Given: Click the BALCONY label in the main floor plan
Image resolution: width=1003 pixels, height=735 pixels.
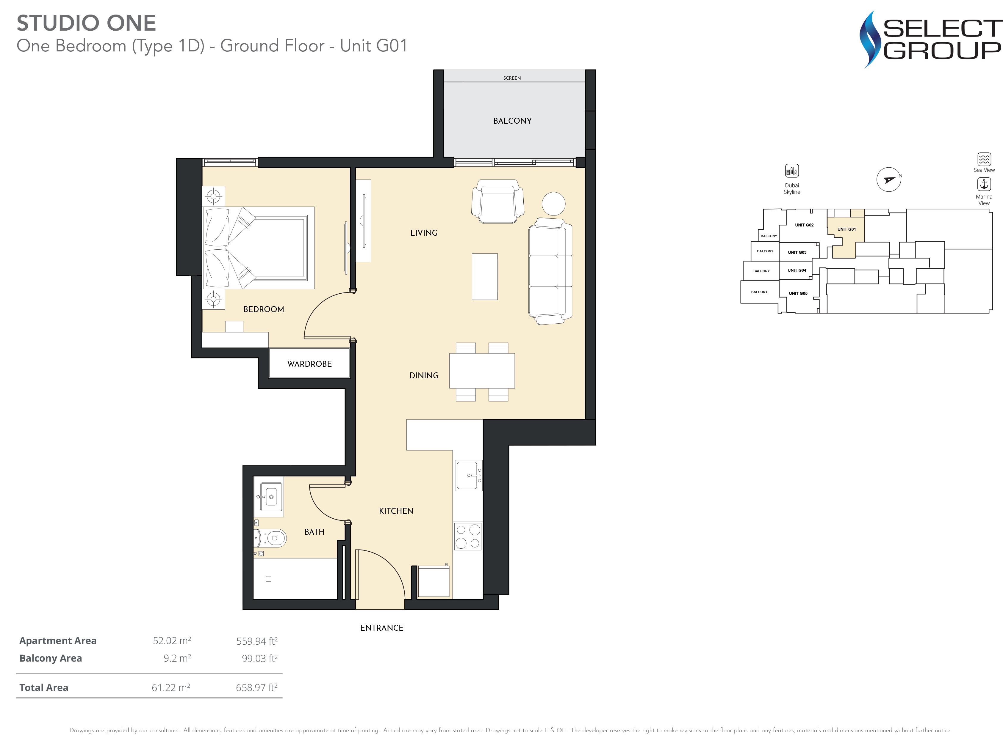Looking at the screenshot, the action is [x=512, y=121].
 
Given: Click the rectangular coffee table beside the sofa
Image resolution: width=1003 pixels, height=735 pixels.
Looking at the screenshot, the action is [x=485, y=276].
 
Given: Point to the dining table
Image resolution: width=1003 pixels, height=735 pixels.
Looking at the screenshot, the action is [x=482, y=371].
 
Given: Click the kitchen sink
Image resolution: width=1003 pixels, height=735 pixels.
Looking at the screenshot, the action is [x=468, y=475].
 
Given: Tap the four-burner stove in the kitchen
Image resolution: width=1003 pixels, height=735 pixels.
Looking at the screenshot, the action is [x=468, y=536].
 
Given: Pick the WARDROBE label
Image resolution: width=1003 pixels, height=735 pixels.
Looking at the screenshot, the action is [x=309, y=364].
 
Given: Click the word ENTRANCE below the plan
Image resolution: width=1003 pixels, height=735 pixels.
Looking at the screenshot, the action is [x=382, y=628].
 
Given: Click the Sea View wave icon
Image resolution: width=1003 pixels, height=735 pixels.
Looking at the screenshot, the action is [x=984, y=159].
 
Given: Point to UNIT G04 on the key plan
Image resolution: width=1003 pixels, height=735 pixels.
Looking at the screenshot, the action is [x=797, y=270].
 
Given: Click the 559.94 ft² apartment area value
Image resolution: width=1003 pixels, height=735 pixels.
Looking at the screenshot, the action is [x=257, y=641].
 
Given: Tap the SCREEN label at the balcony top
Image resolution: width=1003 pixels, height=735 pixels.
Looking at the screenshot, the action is [x=512, y=78].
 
